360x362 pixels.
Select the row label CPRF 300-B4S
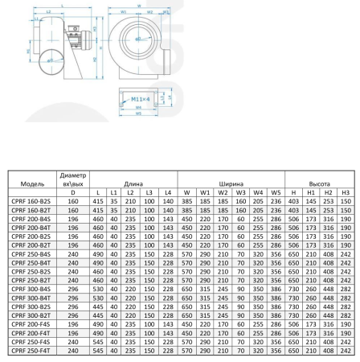(x=31, y=290)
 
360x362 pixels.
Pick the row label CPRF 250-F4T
(x=31, y=351)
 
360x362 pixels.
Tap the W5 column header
(x=276, y=192)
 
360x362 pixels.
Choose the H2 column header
(x=328, y=192)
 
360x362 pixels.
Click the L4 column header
(x=167, y=192)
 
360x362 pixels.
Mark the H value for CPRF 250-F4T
(x=293, y=351)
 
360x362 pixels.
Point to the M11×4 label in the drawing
(x=144, y=99)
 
